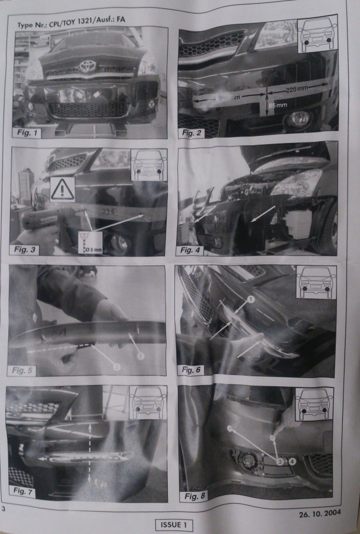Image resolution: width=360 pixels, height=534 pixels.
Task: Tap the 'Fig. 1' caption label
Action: [29, 132]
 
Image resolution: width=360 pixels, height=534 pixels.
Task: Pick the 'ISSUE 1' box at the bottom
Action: [174, 525]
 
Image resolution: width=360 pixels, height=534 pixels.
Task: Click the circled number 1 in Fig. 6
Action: [250, 300]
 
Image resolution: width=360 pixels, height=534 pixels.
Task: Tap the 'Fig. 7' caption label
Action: [26, 490]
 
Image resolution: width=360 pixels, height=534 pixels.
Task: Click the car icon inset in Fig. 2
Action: [317, 35]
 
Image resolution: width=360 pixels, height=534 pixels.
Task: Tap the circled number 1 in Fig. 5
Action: [141, 356]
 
